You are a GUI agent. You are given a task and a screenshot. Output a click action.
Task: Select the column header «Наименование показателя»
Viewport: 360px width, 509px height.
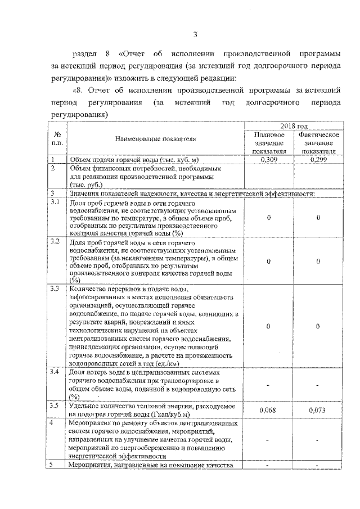155,138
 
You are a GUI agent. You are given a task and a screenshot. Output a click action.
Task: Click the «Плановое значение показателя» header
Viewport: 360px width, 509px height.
269,143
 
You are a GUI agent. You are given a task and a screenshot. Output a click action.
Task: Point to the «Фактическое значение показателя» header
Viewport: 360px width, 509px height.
318,143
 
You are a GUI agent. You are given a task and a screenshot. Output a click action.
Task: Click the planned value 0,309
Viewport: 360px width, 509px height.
269,159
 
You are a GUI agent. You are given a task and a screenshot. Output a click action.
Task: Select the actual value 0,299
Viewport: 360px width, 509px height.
318,159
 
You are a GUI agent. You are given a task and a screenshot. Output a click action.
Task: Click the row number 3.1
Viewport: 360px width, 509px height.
55,202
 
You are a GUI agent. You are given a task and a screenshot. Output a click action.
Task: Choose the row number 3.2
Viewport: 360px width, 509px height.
55,242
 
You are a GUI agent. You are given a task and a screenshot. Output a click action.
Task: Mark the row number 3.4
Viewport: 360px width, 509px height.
55,372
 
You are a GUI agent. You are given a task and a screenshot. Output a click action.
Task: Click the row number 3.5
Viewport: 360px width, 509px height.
55,406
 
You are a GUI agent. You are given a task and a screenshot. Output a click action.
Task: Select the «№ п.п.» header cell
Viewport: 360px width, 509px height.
56,139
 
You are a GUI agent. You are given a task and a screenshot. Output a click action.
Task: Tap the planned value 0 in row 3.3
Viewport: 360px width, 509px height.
269,326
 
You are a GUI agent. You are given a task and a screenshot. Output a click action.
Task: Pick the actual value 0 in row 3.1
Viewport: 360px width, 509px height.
318,218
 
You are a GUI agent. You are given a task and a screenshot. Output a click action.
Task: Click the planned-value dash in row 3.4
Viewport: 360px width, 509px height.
269,385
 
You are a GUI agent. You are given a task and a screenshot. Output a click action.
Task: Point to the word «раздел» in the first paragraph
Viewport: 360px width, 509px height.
86,53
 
